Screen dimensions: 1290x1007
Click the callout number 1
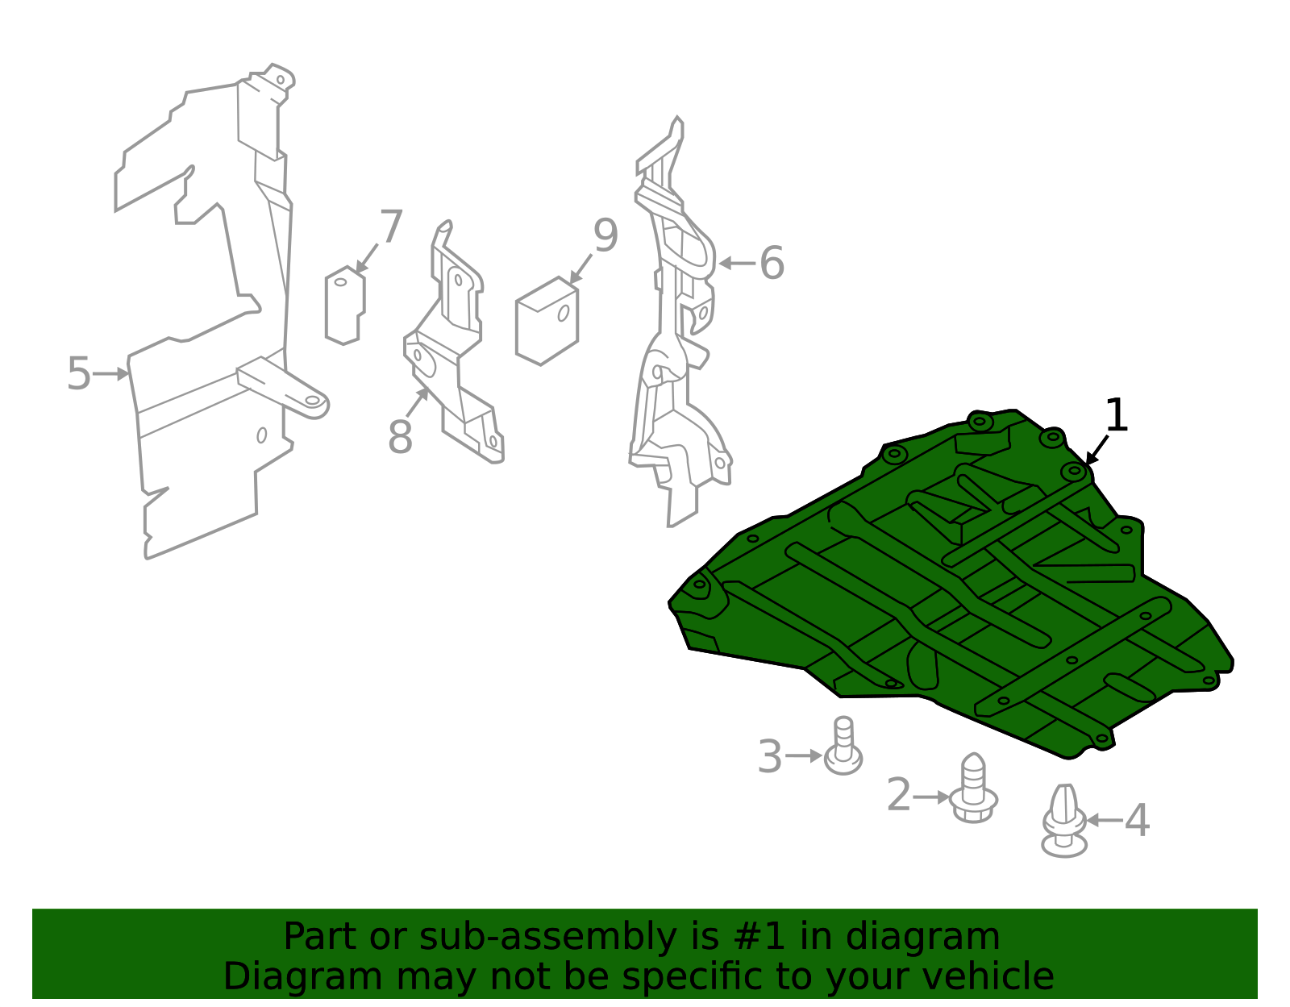coord(1116,414)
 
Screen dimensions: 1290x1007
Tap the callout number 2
coord(898,795)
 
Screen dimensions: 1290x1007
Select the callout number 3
coord(770,756)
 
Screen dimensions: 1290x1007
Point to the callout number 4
coord(1137,821)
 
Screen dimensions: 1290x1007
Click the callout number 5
coord(79,373)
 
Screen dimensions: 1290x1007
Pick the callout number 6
coord(772,263)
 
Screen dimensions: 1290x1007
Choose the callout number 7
coord(391,226)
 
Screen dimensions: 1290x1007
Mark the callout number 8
coord(400,437)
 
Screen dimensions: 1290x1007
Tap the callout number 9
coord(605,235)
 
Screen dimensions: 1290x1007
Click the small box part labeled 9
coord(547,320)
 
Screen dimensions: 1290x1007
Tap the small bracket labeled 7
coord(345,306)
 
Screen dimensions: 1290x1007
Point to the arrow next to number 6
coord(737,263)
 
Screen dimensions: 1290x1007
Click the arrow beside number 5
coord(110,374)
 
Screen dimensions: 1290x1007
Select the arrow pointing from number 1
coord(1097,450)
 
